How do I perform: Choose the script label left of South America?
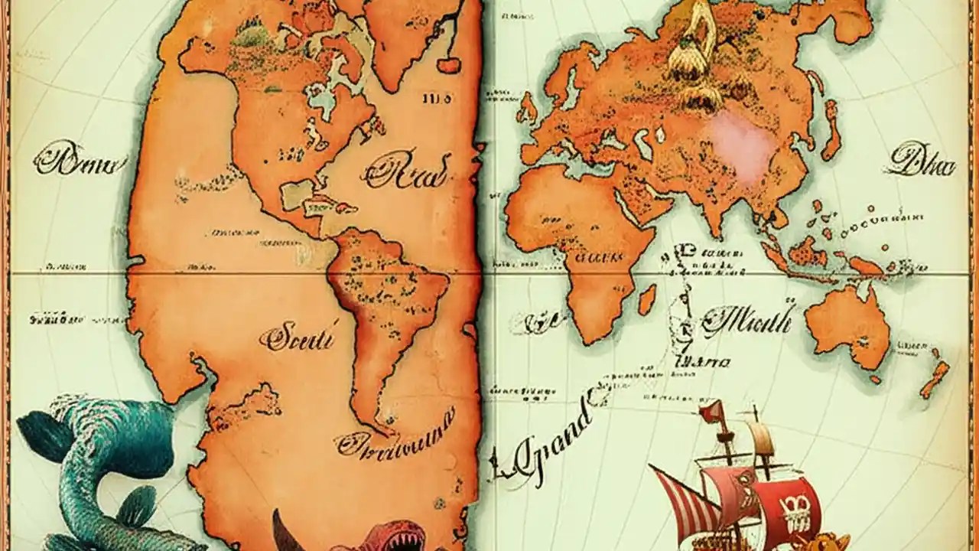[x=298, y=337]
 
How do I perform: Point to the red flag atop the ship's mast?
[x=712, y=413]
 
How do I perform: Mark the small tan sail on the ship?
[x=761, y=439]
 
